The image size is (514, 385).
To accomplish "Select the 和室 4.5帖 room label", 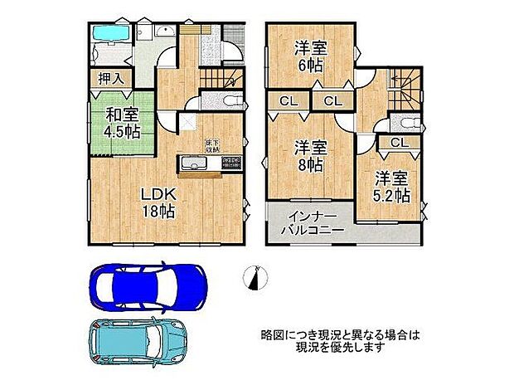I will [121, 124].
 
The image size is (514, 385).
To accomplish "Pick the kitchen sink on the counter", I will [203, 163].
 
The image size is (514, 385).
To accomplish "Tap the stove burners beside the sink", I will [230, 163].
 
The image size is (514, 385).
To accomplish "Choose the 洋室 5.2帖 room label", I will [390, 187].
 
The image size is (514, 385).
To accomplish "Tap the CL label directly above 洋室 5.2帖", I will [399, 143].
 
